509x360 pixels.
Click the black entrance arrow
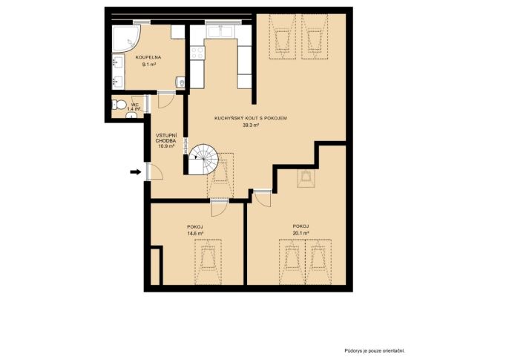[x=136, y=171]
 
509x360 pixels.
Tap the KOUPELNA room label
[x=148, y=57]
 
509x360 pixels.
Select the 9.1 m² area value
[x=149, y=65]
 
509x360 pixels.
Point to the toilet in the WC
[x=119, y=105]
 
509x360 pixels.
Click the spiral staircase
[x=203, y=160]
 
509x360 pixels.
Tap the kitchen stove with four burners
[x=197, y=53]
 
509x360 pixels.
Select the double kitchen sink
[x=220, y=32]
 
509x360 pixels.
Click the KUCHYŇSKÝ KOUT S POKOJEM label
[x=251, y=118]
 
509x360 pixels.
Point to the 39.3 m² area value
[x=251, y=125]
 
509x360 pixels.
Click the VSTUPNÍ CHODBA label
[x=166, y=138]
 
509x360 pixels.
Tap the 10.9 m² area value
[x=166, y=146]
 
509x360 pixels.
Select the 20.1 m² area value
[x=301, y=233]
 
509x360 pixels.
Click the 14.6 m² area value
[x=195, y=233]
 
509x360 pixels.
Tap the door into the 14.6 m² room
[x=220, y=209]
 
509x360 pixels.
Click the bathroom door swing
[x=165, y=101]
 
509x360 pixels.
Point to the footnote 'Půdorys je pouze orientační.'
[x=375, y=351]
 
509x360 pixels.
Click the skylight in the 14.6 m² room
[x=208, y=262]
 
